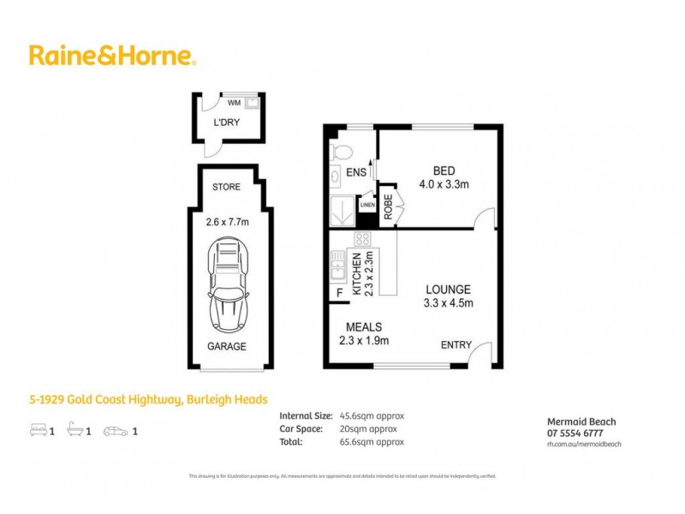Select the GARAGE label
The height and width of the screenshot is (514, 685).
click(x=227, y=347)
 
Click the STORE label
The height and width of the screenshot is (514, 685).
click(x=227, y=187)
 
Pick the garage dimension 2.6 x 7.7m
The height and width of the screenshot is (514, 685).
click(x=227, y=223)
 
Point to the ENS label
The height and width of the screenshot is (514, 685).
click(x=357, y=172)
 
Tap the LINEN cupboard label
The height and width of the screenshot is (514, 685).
click(x=366, y=206)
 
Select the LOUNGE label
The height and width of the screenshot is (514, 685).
click(x=447, y=290)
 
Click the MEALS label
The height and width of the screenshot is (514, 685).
click(x=364, y=327)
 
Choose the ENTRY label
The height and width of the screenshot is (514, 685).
click(x=456, y=345)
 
